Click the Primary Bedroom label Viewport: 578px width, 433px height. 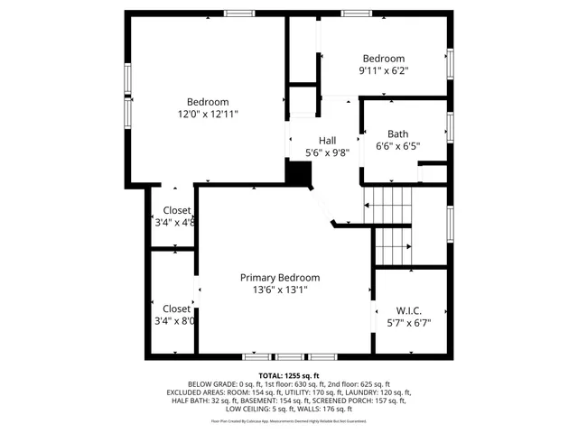pyautogui.click(x=279, y=278)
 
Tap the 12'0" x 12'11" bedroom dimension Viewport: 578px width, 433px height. pyautogui.click(x=208, y=115)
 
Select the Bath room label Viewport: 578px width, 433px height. pyautogui.click(x=397, y=134)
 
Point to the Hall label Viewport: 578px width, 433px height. pyautogui.click(x=326, y=141)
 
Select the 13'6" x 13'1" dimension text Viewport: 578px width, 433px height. pyautogui.click(x=279, y=290)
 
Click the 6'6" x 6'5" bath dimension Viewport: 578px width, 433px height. pyautogui.click(x=397, y=145)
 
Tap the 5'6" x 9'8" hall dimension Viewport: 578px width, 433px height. pyautogui.click(x=326, y=152)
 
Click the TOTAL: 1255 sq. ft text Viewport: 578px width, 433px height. pyautogui.click(x=289, y=375)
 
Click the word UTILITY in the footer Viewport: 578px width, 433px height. pyautogui.click(x=298, y=392)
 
